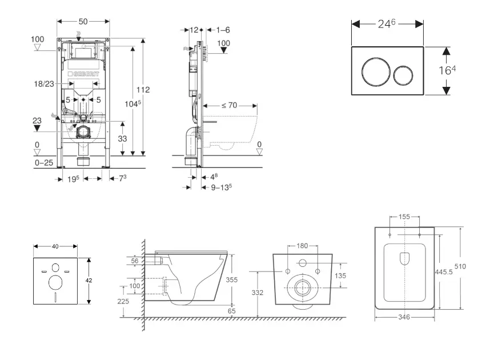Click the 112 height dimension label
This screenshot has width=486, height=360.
click(x=143, y=89)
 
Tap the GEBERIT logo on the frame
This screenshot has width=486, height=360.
click(x=85, y=75)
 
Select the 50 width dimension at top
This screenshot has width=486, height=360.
click(x=83, y=21)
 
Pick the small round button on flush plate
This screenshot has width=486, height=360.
click(x=404, y=73)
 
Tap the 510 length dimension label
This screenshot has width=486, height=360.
click(x=467, y=266)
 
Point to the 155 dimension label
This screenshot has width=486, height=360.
click(x=404, y=217)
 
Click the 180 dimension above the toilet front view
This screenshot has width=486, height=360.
click(x=302, y=246)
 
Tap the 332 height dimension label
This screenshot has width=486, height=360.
click(x=258, y=293)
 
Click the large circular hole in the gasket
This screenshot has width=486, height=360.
click(x=56, y=283)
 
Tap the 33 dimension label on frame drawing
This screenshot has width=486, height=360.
click(x=122, y=138)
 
